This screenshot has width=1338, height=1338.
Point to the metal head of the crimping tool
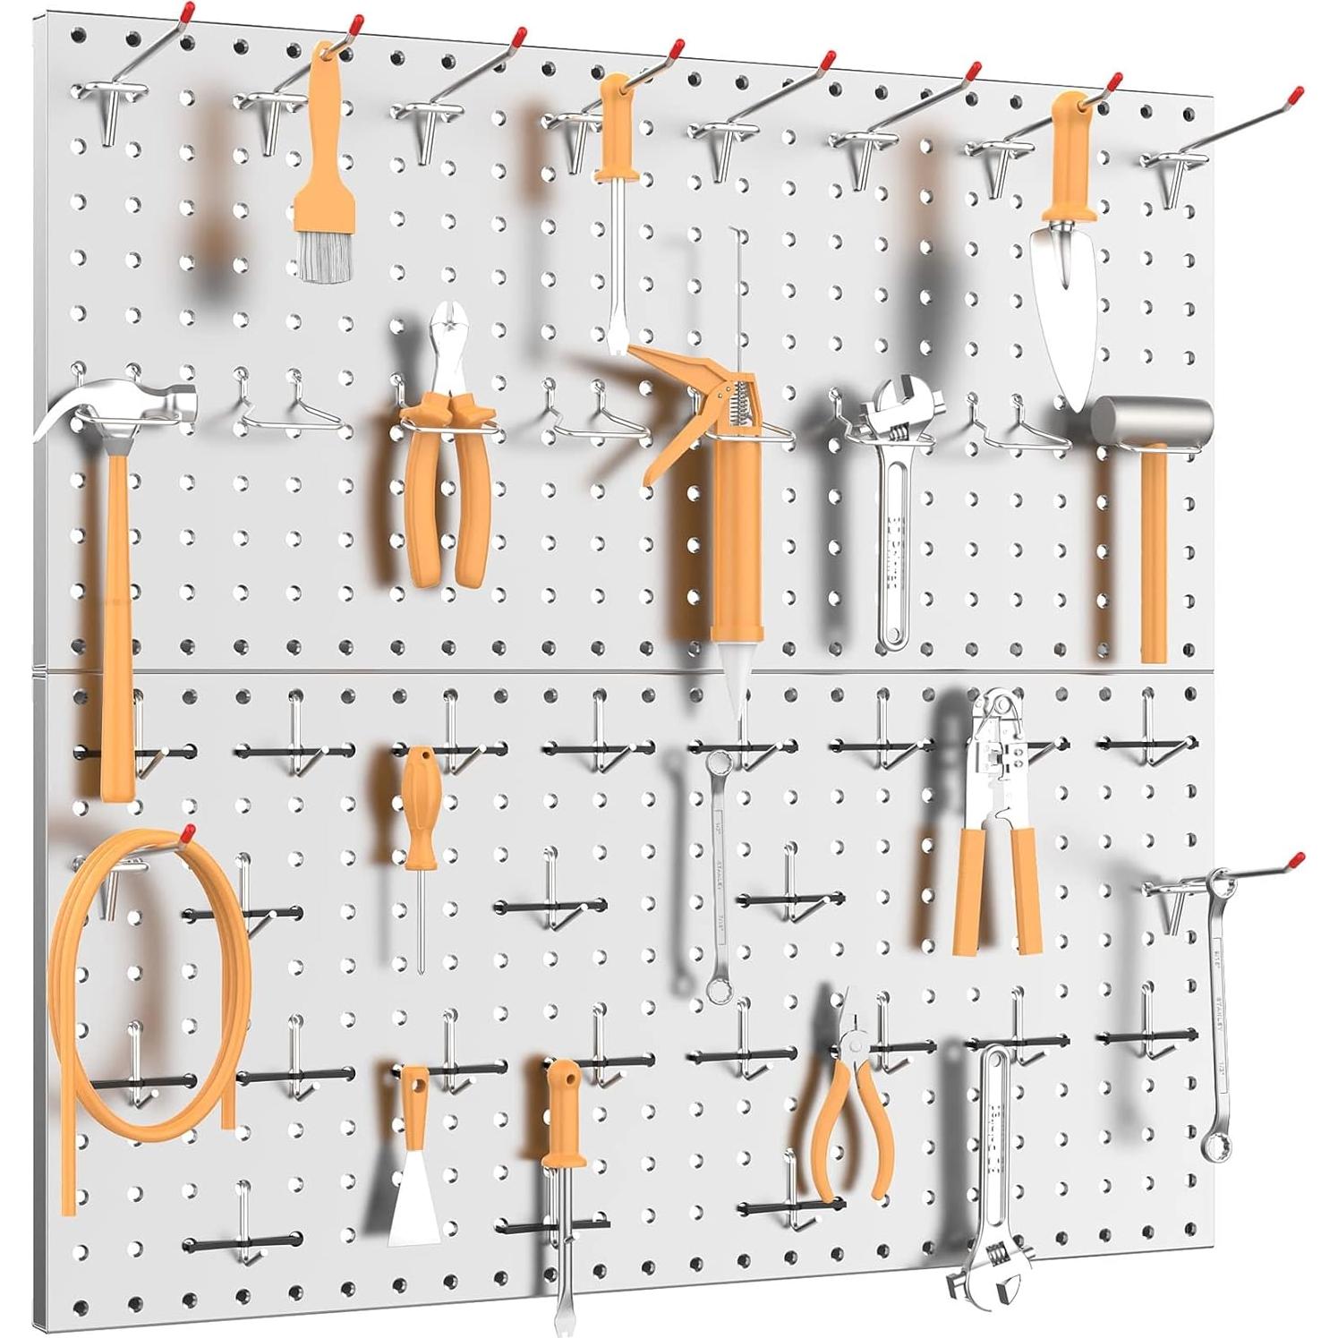(992, 752)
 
